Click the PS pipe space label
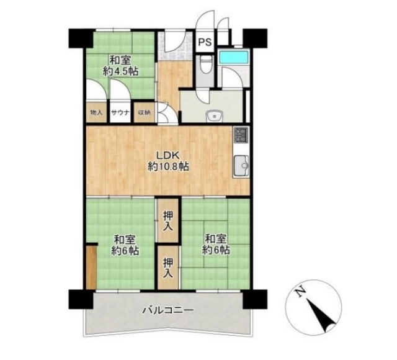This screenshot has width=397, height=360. coord(205,42)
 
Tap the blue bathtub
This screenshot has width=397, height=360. coord(233,57)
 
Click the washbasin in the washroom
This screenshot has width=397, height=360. coord(214,116)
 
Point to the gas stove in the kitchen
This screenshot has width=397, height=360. coord(241,135)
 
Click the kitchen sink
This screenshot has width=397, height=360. coord(241,166)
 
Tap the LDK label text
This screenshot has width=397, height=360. coord(168,155)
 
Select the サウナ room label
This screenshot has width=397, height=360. coord(120,112)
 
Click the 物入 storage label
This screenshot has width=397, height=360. coord(96,112)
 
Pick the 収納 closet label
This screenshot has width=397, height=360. coord(144,112)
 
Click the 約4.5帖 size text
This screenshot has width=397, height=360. coord(120,71)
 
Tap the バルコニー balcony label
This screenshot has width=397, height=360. coord(168,310)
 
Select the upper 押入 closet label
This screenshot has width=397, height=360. coord(168,221)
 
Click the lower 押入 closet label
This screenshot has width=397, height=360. coord(168,268)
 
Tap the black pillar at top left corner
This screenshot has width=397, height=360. coord(81,38)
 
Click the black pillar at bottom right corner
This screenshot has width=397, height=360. coord(255,299)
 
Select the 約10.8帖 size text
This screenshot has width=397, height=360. coord(168,166)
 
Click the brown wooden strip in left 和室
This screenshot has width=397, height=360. coord(91,267)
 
